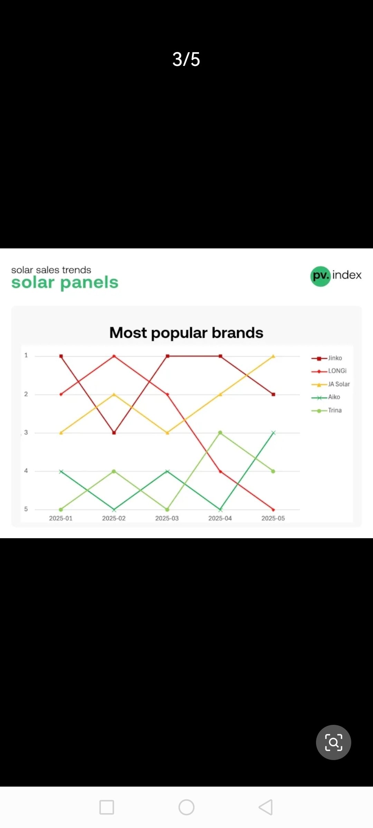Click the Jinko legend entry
click(327, 358)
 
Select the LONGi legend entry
click(329, 371)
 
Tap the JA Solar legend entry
click(331, 384)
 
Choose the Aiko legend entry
click(326, 397)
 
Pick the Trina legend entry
click(326, 410)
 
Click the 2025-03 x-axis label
click(167, 518)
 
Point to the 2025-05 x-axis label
click(273, 518)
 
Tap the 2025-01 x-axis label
click(61, 518)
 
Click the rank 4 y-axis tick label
click(26, 471)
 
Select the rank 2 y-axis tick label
click(26, 394)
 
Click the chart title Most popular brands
click(186, 333)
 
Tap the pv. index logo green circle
click(321, 276)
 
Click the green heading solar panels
click(65, 283)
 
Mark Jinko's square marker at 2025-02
click(114, 433)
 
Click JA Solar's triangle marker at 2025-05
click(273, 356)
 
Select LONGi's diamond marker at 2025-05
click(273, 510)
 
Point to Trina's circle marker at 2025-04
click(220, 433)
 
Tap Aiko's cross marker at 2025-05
click(273, 433)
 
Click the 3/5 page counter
click(186, 59)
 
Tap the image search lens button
click(334, 742)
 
